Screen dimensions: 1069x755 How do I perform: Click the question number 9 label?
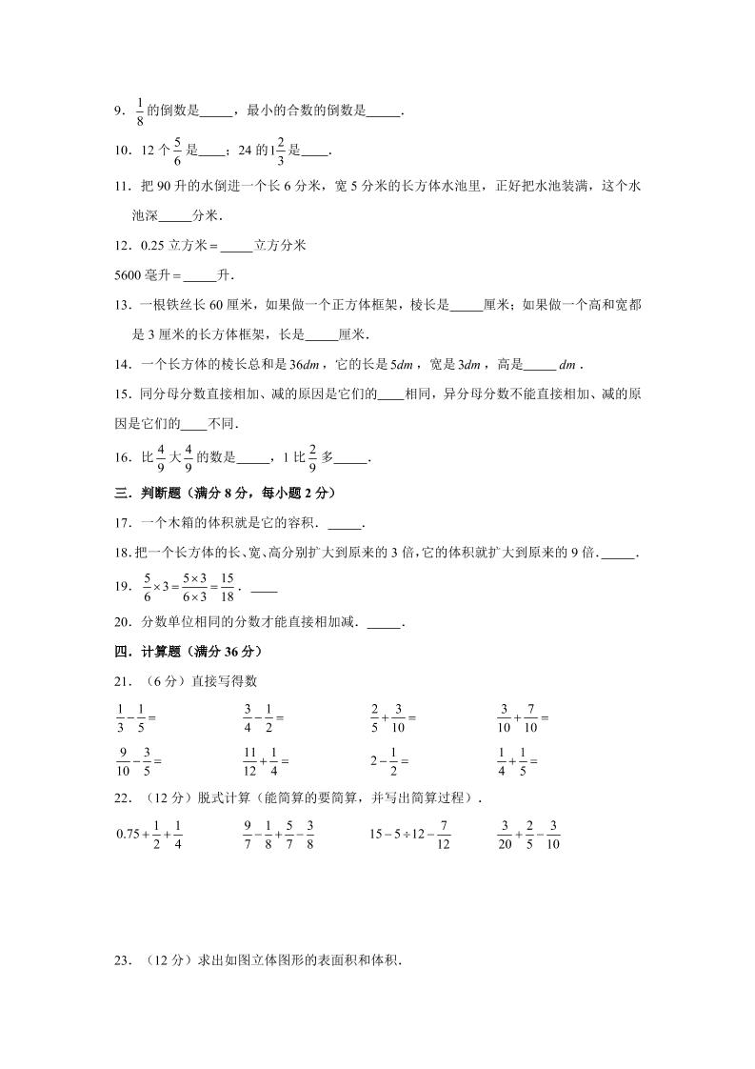119,111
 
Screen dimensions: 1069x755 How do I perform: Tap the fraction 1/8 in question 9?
140,111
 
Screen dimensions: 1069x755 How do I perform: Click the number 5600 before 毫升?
129,275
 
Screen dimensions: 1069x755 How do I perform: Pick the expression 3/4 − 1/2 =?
264,716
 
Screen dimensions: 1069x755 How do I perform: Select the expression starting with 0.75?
149,834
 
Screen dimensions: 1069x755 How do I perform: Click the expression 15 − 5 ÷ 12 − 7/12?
409,834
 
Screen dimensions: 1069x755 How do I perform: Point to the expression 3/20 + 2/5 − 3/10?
528,834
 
